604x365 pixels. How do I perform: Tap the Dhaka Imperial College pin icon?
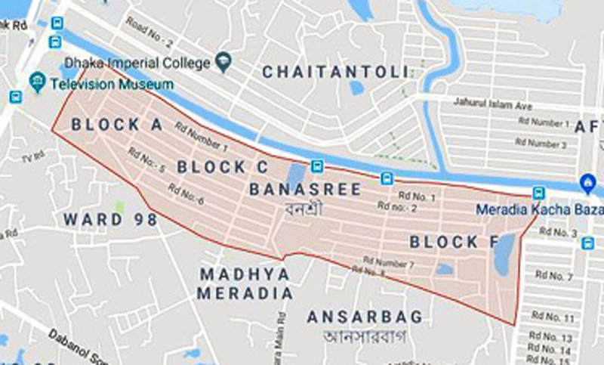tap(223, 60)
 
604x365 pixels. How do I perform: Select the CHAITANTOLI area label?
tap(336, 72)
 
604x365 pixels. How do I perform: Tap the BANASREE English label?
tap(305, 188)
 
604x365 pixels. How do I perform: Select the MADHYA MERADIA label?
tap(245, 282)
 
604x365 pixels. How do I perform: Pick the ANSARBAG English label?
tap(365, 316)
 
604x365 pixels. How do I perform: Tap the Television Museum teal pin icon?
tap(36, 80)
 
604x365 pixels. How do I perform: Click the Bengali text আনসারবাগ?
tap(365, 335)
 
